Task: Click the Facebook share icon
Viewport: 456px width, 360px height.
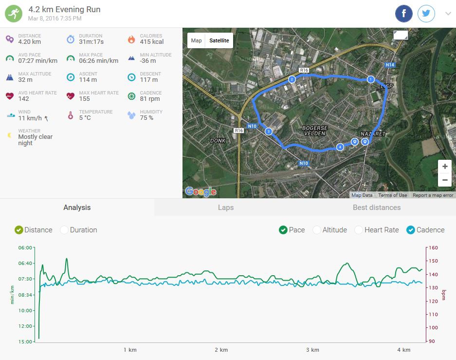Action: coord(404,14)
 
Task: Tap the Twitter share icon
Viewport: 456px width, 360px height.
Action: coord(426,14)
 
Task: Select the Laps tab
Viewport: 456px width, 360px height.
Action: coord(226,208)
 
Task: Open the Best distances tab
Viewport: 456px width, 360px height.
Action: coord(377,208)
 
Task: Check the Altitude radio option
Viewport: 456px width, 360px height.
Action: coord(317,230)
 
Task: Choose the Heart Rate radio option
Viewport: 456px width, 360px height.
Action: coord(359,230)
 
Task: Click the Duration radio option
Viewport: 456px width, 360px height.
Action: coord(64,230)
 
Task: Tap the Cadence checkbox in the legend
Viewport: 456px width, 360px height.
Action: coord(410,230)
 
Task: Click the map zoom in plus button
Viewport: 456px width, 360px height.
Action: coord(445,167)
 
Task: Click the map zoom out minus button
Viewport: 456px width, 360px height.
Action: coord(445,180)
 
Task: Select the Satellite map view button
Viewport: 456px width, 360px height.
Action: coord(219,40)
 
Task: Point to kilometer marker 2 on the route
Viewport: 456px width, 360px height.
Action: coord(292,79)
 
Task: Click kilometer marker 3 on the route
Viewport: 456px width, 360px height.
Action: coord(268,132)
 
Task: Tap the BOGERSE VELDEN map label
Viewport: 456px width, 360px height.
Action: coord(315,131)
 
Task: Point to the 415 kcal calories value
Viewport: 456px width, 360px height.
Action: coord(152,42)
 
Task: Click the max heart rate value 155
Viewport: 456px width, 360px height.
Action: coord(85,99)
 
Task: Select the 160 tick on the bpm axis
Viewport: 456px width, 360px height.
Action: coord(433,248)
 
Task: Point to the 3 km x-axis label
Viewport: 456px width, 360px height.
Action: coord(312,350)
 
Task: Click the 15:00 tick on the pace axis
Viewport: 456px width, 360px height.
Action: coord(25,341)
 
